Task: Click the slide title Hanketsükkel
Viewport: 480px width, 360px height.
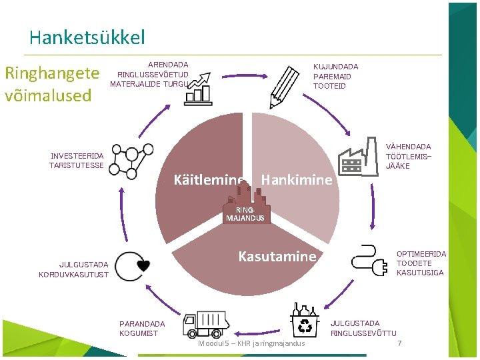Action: pos(87,37)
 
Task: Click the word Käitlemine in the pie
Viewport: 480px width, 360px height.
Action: pos(208,179)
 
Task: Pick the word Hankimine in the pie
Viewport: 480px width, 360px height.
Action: pos(297,179)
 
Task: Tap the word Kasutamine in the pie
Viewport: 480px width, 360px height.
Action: pos(277,256)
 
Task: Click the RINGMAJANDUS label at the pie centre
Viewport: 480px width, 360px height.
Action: pos(245,214)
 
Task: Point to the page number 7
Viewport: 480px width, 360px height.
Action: pos(399,343)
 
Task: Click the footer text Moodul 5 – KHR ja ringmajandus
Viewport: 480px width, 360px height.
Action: pos(251,343)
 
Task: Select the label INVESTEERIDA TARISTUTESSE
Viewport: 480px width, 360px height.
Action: pos(77,161)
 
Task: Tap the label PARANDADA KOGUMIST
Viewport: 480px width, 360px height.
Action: pos(142,329)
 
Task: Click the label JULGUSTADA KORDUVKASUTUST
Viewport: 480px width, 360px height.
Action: pos(74,269)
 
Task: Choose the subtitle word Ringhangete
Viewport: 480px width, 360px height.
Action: pos(52,72)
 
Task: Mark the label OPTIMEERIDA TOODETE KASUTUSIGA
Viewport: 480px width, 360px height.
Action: pos(421,263)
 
